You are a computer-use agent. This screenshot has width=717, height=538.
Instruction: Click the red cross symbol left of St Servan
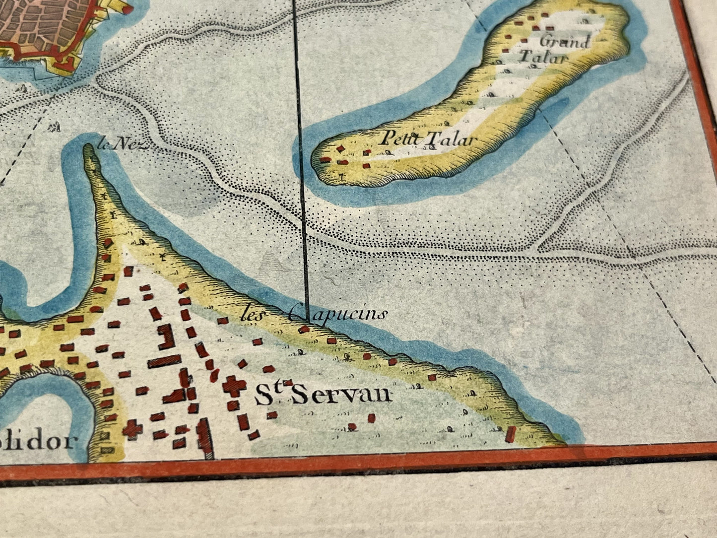pyautogui.click(x=231, y=386)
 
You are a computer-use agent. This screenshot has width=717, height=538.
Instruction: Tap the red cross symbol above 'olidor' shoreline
pyautogui.click(x=132, y=428)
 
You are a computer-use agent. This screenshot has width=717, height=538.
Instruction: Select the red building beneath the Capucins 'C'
pyautogui.click(x=304, y=329)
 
